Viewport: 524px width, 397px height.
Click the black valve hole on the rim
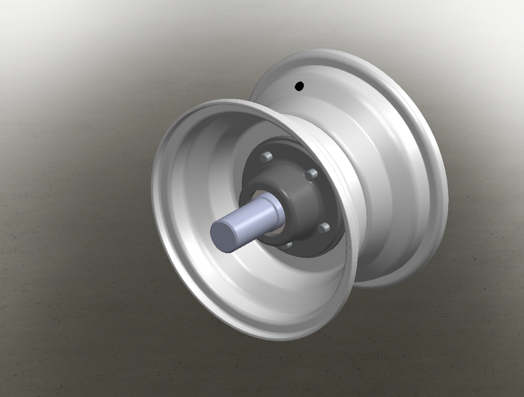[299, 86]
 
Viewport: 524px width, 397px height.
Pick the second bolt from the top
[311, 174]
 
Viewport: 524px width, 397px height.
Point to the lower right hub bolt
[322, 229]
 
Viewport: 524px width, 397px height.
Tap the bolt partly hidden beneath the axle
[285, 246]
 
